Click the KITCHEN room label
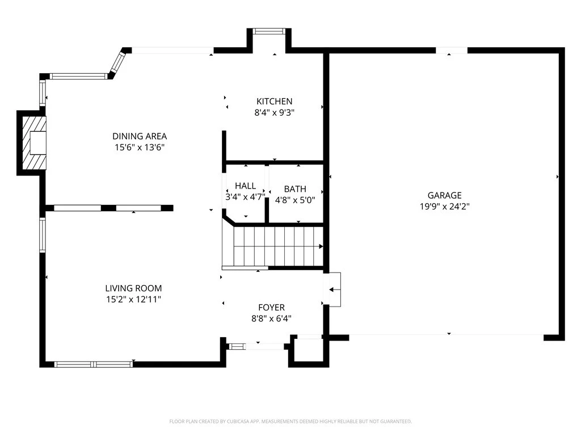(x=274, y=101)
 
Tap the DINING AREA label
(x=140, y=136)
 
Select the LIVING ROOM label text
(x=133, y=288)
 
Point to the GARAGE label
(x=445, y=195)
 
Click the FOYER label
(x=272, y=307)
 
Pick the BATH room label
(x=295, y=189)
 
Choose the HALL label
(x=245, y=186)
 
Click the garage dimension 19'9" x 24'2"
(x=445, y=207)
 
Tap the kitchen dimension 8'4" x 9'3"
(x=274, y=112)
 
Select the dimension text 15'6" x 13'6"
(x=140, y=147)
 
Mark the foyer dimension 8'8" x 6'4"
(x=272, y=318)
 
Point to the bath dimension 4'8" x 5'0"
(x=295, y=200)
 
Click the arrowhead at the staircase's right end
(x=321, y=246)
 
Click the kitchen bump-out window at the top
(x=269, y=32)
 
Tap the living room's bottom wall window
(x=94, y=364)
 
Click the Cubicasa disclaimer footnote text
(x=290, y=422)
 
